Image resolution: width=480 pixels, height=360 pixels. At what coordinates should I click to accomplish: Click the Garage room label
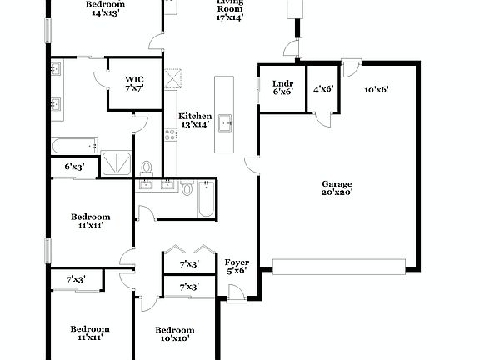[337, 183]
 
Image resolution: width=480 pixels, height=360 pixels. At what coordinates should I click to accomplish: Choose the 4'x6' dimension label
[322, 88]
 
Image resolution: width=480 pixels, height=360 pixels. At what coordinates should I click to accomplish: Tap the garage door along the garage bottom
[339, 266]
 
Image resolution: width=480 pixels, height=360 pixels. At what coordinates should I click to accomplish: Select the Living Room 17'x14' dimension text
[230, 17]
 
